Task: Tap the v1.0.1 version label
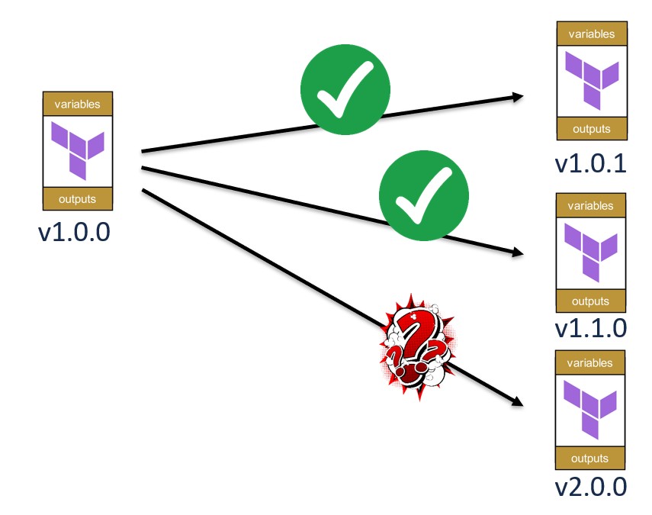click(591, 163)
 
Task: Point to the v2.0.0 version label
click(591, 486)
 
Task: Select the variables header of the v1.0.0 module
click(78, 104)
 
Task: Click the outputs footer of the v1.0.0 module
click(78, 199)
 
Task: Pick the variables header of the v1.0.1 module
click(591, 34)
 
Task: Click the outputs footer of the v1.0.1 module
click(591, 129)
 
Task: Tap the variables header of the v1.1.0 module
click(591, 205)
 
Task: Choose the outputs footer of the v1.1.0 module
click(591, 301)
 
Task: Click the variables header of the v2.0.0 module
click(591, 363)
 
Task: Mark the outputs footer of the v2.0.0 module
click(591, 459)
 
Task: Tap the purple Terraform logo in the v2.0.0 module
click(591, 410)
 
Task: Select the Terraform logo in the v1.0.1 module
click(591, 79)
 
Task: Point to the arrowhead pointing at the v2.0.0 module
click(518, 401)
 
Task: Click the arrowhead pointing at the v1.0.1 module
click(519, 97)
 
